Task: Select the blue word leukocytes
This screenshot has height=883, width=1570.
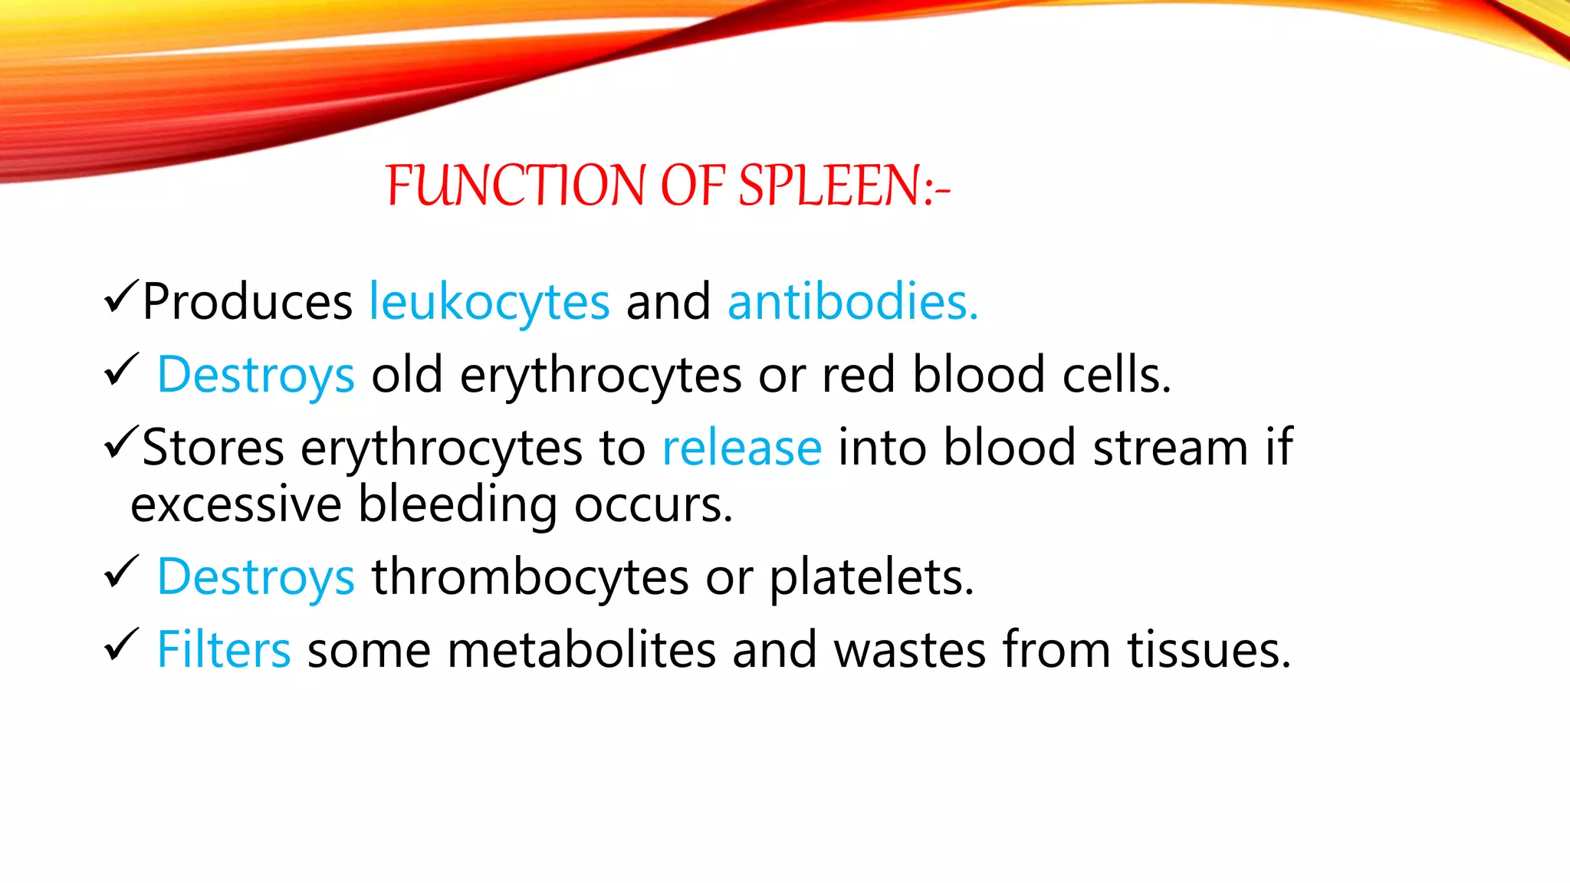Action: click(489, 302)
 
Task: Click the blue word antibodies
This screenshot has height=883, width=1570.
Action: click(852, 301)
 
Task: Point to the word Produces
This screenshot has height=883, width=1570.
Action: click(247, 301)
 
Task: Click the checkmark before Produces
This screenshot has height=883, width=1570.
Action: click(120, 297)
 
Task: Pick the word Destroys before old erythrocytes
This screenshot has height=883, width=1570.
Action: click(255, 376)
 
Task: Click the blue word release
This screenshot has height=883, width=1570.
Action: click(741, 448)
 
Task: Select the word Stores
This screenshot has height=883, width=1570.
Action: click(213, 448)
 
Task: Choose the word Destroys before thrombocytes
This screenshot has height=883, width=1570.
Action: click(255, 577)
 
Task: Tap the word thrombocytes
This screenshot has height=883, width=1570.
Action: click(530, 577)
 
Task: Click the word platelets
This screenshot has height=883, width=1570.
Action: click(870, 577)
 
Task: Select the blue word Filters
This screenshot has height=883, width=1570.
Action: click(223, 650)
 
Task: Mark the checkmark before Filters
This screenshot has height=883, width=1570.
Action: click(120, 645)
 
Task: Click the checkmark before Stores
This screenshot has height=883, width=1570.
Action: click(120, 442)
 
